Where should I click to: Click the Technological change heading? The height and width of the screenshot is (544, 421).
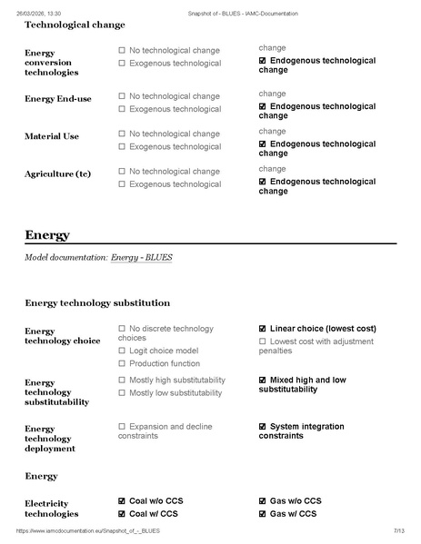tap(75, 25)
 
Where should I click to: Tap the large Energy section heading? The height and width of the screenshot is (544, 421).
tap(47, 235)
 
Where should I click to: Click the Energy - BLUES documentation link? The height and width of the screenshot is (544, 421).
tap(142, 258)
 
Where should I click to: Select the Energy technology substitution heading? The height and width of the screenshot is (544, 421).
tap(96, 302)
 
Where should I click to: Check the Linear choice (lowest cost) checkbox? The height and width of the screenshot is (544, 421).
tap(263, 329)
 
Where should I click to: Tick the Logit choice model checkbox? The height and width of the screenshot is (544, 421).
tap(122, 350)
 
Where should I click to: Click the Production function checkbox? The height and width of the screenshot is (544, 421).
tap(122, 362)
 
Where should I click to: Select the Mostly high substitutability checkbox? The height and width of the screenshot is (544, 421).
tap(122, 380)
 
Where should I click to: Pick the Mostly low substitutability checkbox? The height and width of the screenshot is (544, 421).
tap(122, 392)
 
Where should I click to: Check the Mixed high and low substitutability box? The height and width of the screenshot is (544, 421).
tap(263, 380)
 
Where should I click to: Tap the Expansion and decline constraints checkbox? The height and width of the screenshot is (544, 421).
tap(122, 426)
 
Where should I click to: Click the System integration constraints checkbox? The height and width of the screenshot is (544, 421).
tap(263, 426)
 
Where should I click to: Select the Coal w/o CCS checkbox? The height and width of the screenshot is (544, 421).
tap(122, 500)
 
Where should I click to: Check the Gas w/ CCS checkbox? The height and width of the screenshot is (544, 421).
tap(263, 513)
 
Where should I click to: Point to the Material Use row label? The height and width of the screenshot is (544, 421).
tap(52, 136)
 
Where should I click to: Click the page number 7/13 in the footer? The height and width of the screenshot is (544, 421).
tap(398, 530)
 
